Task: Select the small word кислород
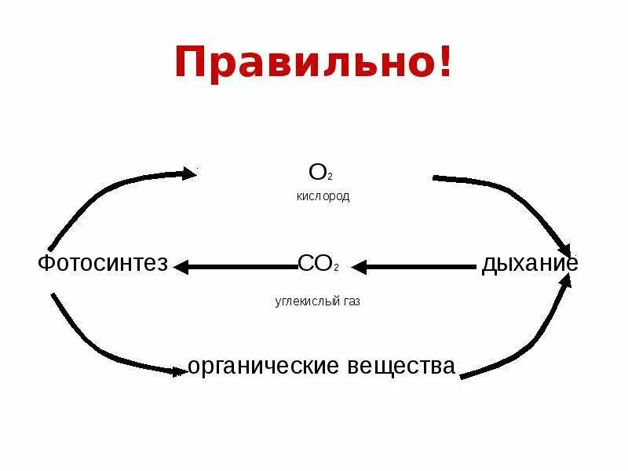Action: click(323, 196)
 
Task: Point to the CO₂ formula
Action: click(318, 264)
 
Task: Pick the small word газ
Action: click(351, 301)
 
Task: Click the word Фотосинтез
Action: click(103, 264)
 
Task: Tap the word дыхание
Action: click(530, 264)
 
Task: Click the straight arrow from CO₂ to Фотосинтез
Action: click(235, 267)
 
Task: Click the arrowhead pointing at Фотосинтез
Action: click(182, 267)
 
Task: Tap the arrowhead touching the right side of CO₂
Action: click(360, 267)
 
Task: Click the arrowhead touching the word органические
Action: click(180, 371)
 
